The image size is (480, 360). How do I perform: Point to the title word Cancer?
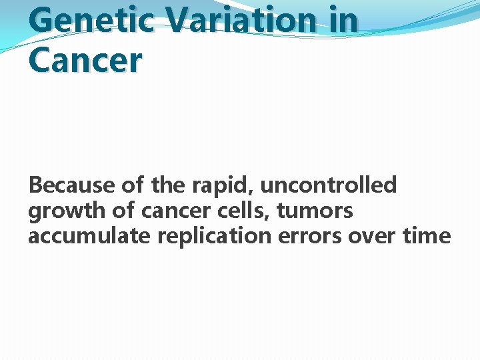[85, 61]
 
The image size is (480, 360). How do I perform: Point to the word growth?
[63, 211]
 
